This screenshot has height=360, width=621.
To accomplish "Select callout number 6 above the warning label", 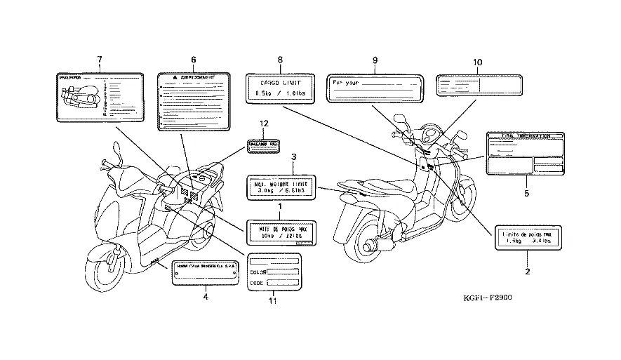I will (x=193, y=60).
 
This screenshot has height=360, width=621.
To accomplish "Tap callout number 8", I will (x=280, y=60).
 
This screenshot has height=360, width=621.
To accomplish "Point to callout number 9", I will (x=375, y=60).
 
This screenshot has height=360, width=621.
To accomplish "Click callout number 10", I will (x=477, y=62).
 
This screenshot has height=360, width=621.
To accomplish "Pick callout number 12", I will (x=265, y=124).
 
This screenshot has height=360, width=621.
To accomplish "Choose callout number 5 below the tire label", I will (x=527, y=192).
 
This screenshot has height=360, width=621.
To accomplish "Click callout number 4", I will (x=206, y=297).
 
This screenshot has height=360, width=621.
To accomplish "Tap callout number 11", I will (x=273, y=301).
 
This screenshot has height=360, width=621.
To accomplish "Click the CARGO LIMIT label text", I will (x=280, y=82).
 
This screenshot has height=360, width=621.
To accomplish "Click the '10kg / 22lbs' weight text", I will (x=279, y=236).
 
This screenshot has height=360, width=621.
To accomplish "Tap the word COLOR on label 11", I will (x=258, y=272).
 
